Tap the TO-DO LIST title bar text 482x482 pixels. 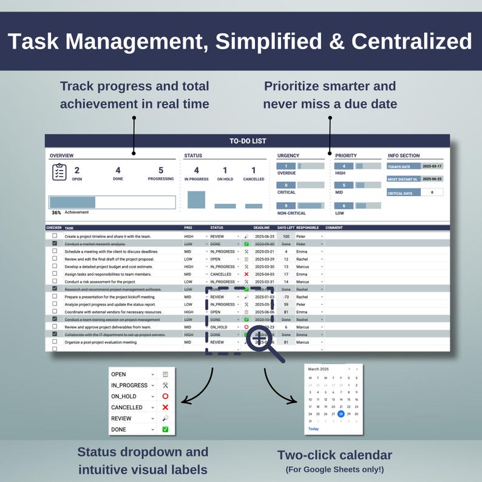point(248,141)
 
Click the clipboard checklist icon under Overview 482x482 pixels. point(59,172)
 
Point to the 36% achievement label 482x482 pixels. point(56,212)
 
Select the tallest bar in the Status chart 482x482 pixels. point(196,200)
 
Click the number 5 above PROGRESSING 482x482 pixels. point(161,171)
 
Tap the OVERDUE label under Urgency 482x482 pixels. point(286,173)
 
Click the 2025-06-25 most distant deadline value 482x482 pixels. point(432,179)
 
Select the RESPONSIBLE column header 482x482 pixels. point(307,228)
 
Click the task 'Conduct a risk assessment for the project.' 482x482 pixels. point(100,282)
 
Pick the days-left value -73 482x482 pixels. point(286,297)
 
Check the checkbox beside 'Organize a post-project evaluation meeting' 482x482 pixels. point(55,342)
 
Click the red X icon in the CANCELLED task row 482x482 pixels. point(246,274)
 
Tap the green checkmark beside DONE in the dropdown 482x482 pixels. point(165,429)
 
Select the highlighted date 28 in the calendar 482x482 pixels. point(341,414)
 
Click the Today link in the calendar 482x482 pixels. point(313,429)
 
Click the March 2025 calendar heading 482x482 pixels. point(318,368)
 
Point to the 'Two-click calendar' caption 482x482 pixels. point(334,455)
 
